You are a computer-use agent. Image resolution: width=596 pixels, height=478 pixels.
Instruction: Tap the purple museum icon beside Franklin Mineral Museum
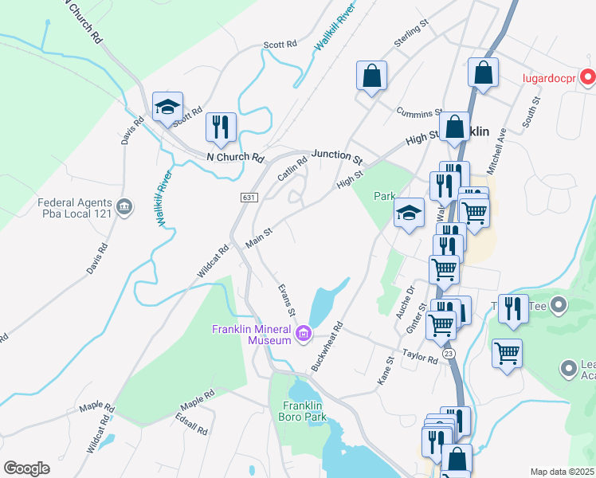(303, 333)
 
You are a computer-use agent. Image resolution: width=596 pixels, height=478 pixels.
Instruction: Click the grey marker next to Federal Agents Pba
(124, 208)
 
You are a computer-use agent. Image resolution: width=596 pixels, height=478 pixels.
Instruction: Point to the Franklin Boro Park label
(304, 410)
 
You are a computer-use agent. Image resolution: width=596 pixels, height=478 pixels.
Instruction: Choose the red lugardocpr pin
(588, 77)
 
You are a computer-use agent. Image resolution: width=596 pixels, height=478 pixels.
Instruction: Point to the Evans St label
(287, 299)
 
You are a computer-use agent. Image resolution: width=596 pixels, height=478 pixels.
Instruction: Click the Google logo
(26, 468)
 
